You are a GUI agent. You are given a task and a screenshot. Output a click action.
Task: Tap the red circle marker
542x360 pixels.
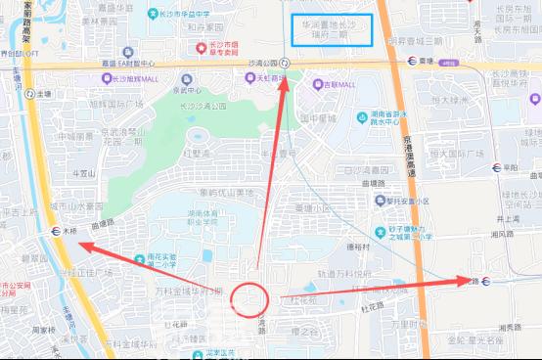(252, 298)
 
